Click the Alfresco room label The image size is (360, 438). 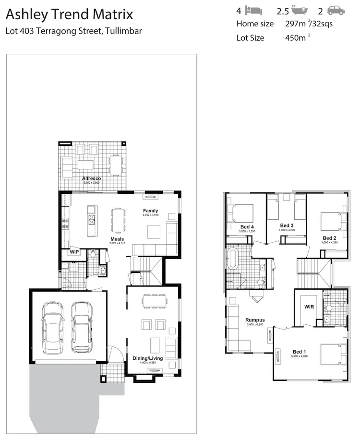[91, 178]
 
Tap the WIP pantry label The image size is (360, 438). [74, 251]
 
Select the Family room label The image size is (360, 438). [150, 211]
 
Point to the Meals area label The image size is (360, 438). [117, 239]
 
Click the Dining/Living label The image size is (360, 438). [147, 358]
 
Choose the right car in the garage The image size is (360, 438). [82, 327]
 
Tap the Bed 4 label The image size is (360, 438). [247, 226]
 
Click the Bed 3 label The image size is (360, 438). [287, 225]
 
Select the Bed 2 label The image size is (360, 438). [329, 237]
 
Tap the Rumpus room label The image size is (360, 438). [255, 320]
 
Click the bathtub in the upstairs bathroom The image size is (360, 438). [233, 259]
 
